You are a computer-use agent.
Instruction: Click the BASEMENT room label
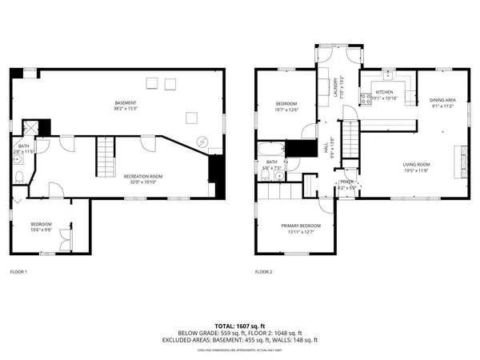[124, 102]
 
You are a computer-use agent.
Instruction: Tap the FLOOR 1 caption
[18, 272]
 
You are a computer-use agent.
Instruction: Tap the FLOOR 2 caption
[264, 272]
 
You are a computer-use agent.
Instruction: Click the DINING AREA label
[442, 99]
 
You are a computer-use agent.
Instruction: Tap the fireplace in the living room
[460, 159]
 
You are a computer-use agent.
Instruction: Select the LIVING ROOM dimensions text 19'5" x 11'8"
[416, 170]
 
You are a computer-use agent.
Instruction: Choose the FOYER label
[347, 182]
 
